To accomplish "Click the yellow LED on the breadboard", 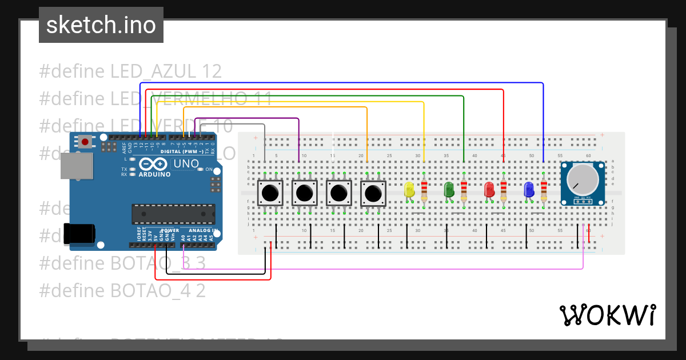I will point(409,190).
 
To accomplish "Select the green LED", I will point(449,190).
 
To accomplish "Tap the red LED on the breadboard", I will point(489,190).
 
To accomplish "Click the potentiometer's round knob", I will point(582,179).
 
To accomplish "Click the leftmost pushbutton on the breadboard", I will point(270,193).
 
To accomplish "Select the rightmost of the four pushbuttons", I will point(373,193).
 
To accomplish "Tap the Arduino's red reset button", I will point(85,141).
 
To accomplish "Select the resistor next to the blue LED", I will point(543,190).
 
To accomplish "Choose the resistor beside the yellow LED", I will point(424,190).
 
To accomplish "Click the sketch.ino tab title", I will point(101,25).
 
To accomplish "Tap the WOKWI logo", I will point(607,315).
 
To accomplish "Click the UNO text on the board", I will point(186,164).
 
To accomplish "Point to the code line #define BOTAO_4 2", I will point(122,290).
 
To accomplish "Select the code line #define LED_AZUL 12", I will point(130,71).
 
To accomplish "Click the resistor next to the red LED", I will point(503,190).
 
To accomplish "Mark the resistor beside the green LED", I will point(464,190).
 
